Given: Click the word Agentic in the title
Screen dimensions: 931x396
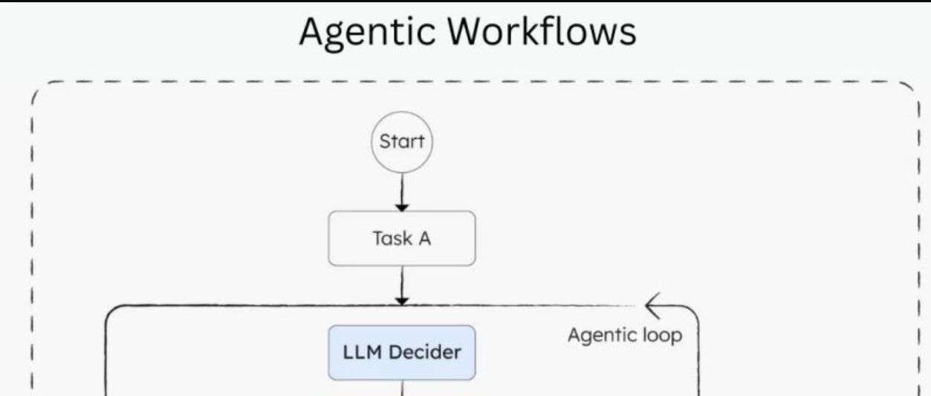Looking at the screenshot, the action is (367, 33).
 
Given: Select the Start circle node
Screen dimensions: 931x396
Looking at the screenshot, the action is (401, 142).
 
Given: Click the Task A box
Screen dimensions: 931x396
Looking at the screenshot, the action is (401, 238).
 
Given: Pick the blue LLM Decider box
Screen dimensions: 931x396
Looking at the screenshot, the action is (401, 352).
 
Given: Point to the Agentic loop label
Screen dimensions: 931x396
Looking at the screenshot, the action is (625, 335).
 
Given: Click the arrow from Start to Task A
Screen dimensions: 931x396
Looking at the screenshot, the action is (401, 192).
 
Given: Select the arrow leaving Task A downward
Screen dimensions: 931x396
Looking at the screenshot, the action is (401, 285).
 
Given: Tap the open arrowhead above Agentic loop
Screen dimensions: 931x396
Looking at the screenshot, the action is (653, 306).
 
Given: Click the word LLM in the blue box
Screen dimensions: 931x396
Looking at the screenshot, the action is (362, 352).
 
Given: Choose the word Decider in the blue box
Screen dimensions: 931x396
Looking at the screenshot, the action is (425, 352).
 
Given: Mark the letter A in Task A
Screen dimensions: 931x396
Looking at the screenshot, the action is (424, 238).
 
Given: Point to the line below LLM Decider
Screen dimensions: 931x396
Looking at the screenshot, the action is (402, 388).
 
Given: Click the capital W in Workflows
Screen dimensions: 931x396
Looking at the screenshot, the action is (466, 31).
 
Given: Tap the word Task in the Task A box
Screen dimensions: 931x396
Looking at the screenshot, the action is (392, 238).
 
